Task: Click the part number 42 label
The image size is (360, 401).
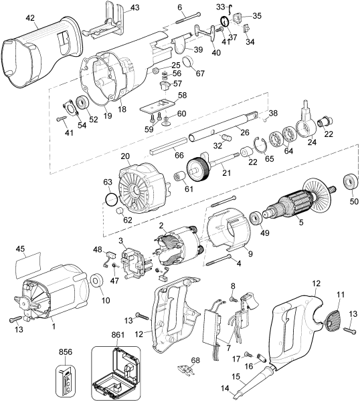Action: click(30, 19)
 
